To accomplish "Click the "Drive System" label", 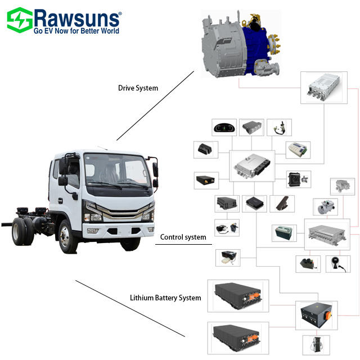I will pos(138,88).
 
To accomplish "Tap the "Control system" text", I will pos(183,237).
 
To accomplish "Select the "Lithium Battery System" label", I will pos(165,298).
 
